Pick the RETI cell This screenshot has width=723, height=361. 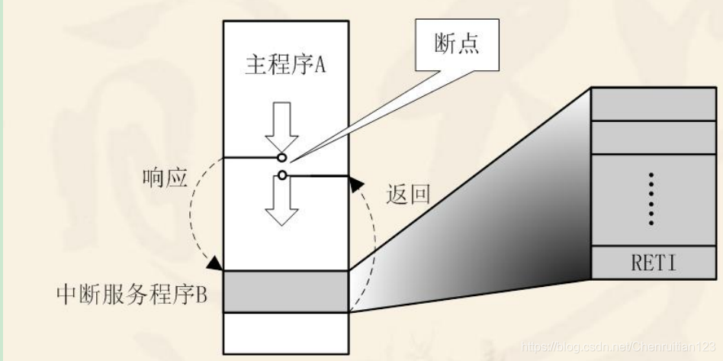[x=650, y=263]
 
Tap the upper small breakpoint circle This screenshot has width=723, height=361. [x=282, y=158]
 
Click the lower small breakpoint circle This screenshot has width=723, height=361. [x=282, y=176]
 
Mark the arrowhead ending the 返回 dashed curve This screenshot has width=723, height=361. [x=354, y=181]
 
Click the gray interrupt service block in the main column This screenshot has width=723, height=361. [x=285, y=291]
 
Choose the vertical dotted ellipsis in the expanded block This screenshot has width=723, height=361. [x=651, y=199]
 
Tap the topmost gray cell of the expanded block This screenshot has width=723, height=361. [x=650, y=103]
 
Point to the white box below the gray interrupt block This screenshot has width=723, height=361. [x=285, y=329]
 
